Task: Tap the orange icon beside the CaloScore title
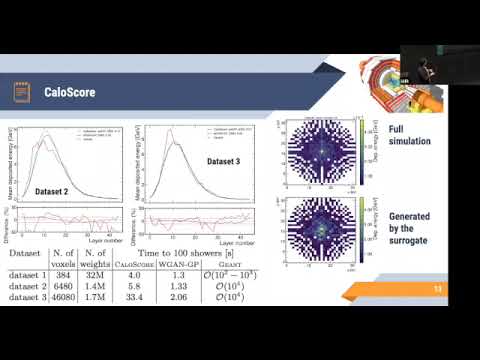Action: click(x=19, y=93)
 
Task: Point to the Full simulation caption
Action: click(x=410, y=135)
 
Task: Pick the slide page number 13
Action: click(x=436, y=289)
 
